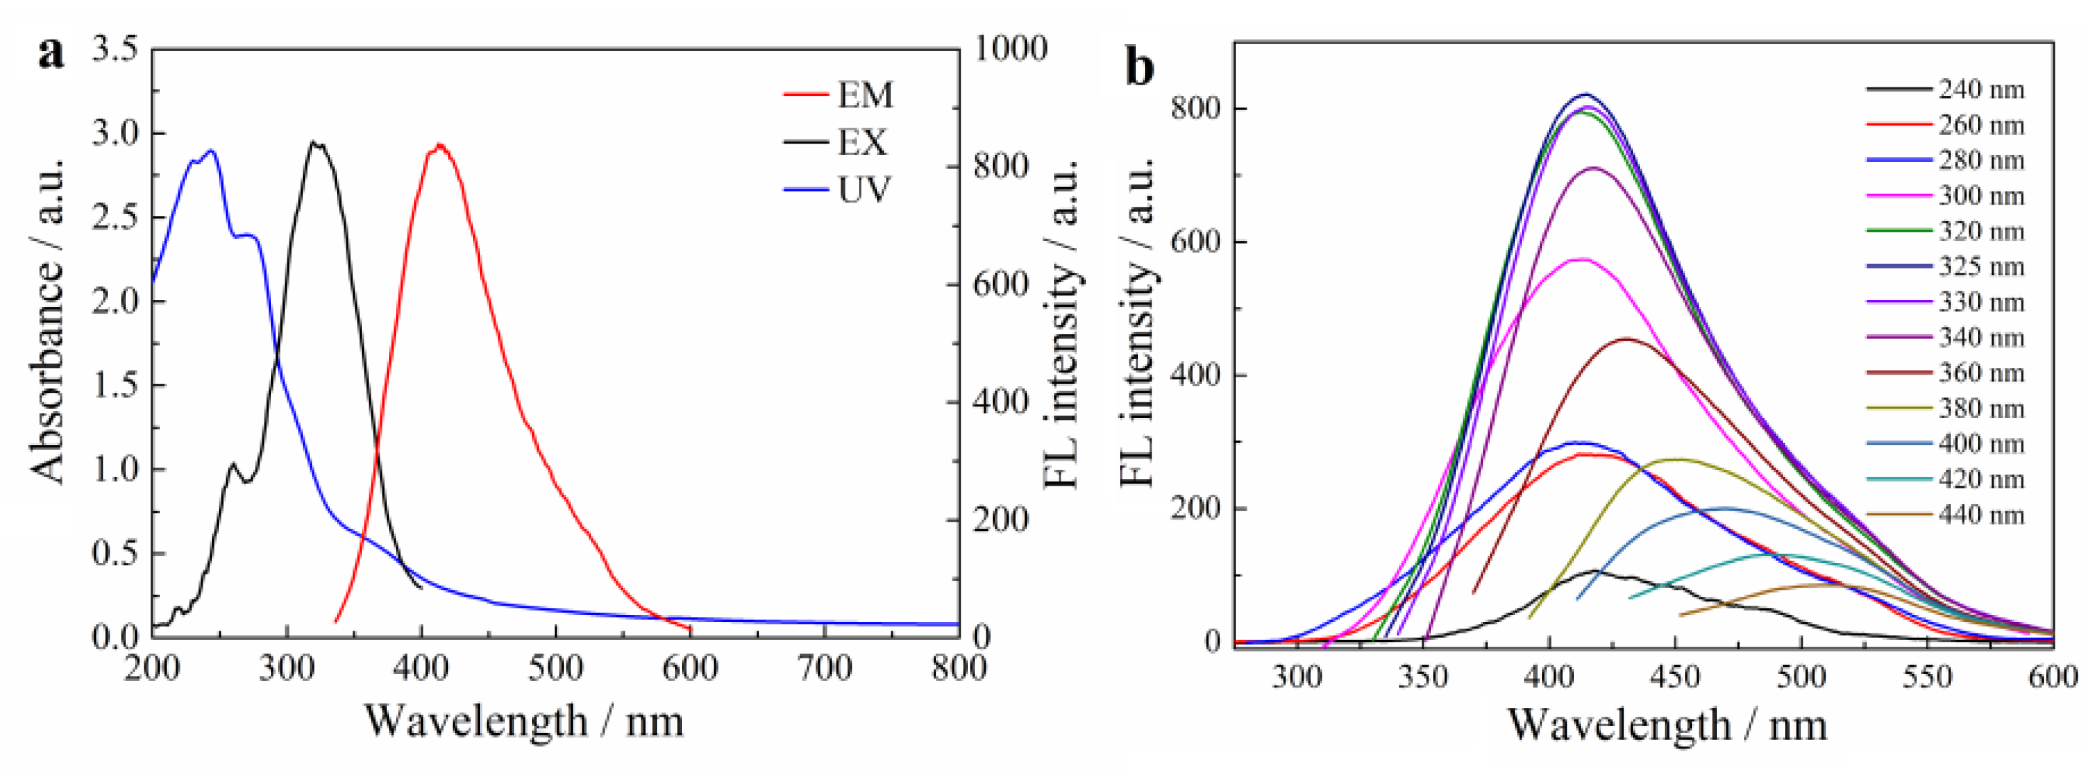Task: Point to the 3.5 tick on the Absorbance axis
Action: tap(114, 49)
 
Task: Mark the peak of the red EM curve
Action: tap(439, 146)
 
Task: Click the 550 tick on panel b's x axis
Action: tap(1928, 677)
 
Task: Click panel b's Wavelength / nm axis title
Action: tap(1668, 723)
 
